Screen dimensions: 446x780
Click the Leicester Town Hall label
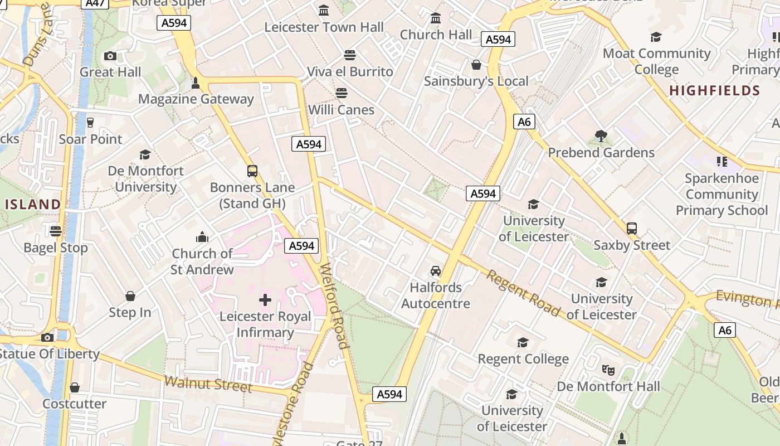(x=324, y=27)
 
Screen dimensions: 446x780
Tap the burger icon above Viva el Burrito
(x=350, y=55)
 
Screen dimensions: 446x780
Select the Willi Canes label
(x=341, y=109)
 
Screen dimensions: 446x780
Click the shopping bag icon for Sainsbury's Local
(x=476, y=65)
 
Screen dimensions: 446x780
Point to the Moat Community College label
(x=657, y=61)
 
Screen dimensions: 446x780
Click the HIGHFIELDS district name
(x=714, y=90)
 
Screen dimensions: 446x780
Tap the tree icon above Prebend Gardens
(x=601, y=135)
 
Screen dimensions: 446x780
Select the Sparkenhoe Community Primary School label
(x=721, y=194)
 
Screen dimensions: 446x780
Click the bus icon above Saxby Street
(x=632, y=229)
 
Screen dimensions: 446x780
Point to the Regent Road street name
(x=523, y=293)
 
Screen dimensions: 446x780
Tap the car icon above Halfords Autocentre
(x=436, y=271)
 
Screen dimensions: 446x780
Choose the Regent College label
(x=523, y=358)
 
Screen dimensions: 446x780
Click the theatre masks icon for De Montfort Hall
(x=608, y=369)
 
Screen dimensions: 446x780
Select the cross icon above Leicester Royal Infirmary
(x=265, y=300)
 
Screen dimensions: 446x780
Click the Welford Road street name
(x=335, y=306)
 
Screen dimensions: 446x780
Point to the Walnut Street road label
(x=209, y=384)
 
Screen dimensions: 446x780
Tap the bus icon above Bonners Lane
(x=252, y=171)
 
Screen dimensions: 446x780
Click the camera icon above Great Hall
(x=110, y=56)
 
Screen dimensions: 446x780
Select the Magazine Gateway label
(x=196, y=99)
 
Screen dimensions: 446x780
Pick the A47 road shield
(x=95, y=3)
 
